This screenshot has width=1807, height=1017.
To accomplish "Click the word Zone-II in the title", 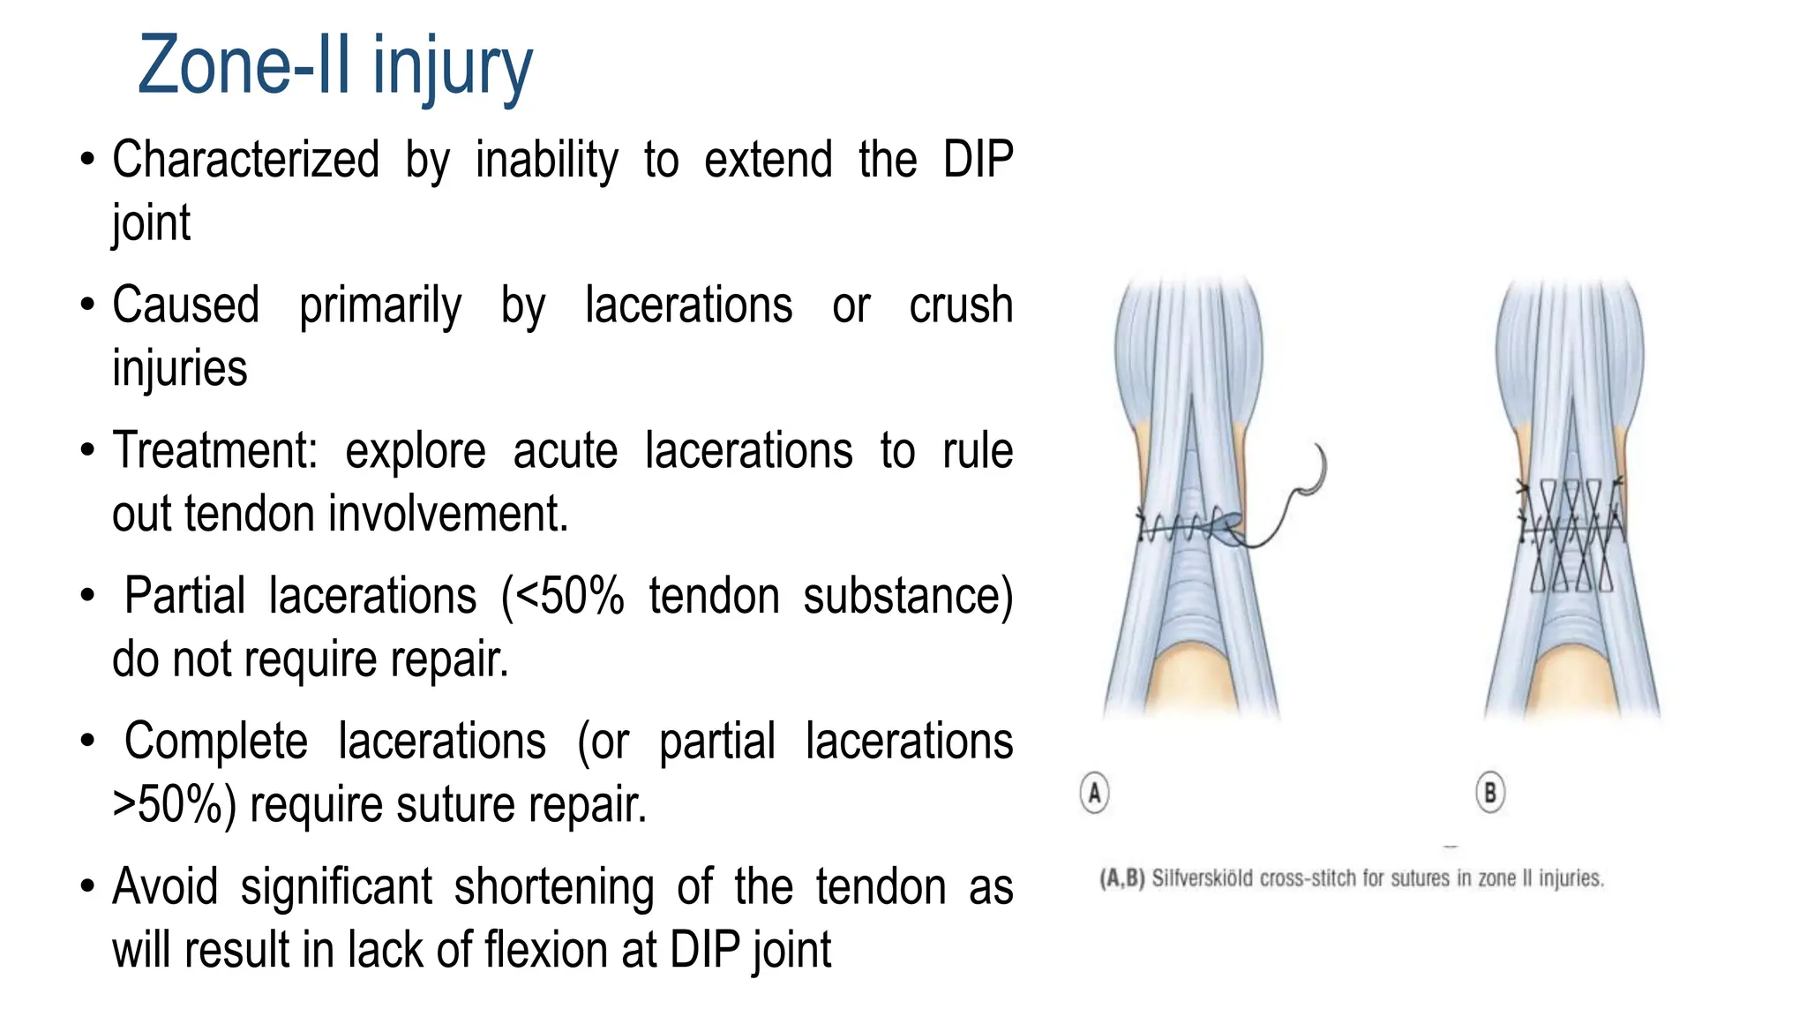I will [x=244, y=65].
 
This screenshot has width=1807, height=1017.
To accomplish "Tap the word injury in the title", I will [x=452, y=69].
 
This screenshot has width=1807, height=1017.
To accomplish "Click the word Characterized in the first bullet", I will [x=245, y=160].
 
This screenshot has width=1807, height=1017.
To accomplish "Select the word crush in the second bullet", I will [x=960, y=305].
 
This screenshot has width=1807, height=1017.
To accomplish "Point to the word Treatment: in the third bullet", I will [x=214, y=451].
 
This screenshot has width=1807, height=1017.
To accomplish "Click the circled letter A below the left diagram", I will [x=1094, y=793].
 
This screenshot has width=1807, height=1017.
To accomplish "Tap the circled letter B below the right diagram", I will [x=1489, y=793].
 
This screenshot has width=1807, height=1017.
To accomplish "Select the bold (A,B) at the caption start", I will [x=1121, y=878].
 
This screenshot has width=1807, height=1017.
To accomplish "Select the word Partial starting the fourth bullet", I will [x=184, y=596].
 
